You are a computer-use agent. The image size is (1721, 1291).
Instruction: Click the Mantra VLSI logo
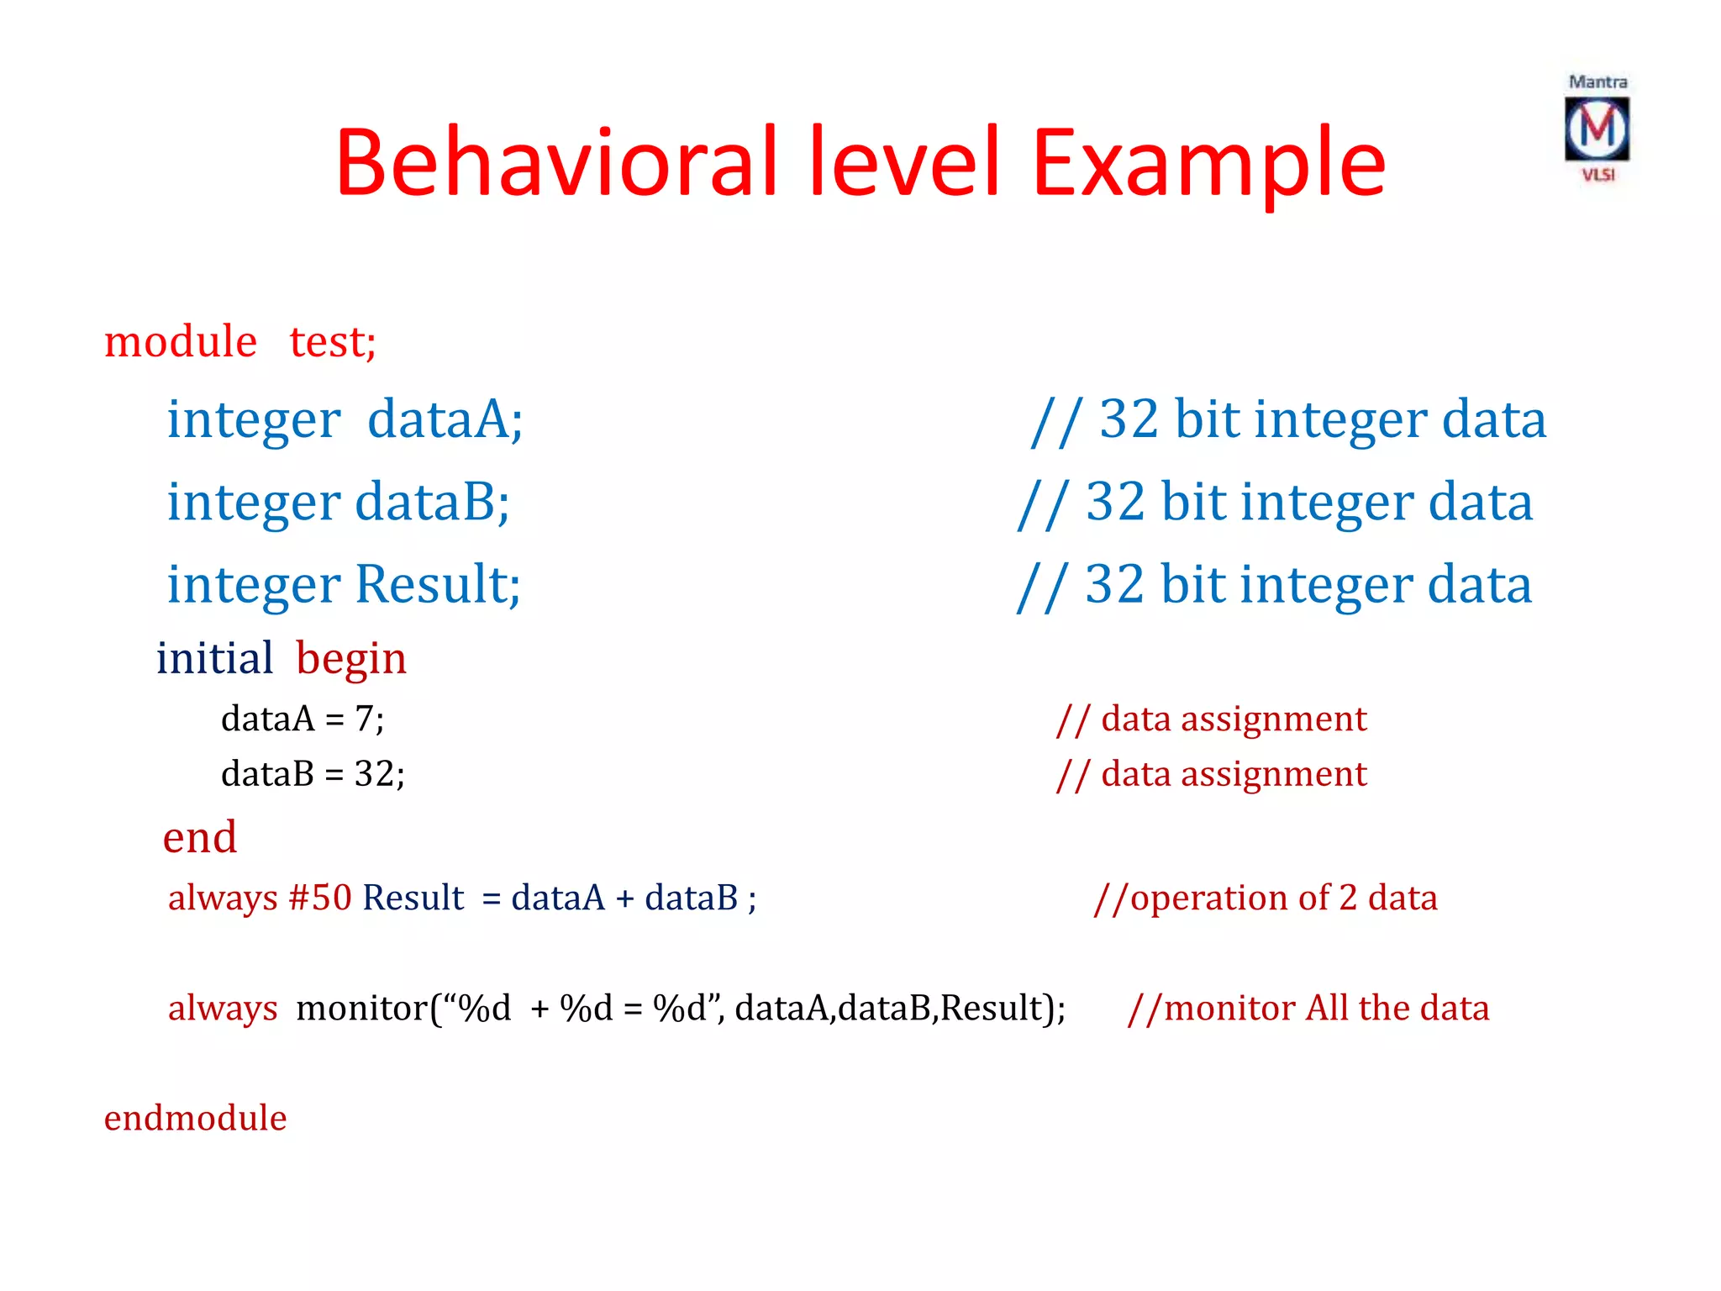click(x=1597, y=129)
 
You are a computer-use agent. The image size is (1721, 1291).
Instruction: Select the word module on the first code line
click(x=180, y=342)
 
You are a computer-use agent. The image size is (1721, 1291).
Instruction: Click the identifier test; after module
click(x=333, y=342)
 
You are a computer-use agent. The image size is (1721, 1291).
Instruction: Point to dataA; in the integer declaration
click(x=445, y=419)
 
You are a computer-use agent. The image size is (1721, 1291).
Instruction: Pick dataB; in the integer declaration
click(x=432, y=502)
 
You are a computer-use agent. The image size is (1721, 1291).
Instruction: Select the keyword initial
click(x=214, y=658)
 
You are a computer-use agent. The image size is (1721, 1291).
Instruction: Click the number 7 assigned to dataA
click(x=364, y=719)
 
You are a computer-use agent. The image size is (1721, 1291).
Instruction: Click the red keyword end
click(x=199, y=837)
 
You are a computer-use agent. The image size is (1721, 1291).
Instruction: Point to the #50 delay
click(x=320, y=898)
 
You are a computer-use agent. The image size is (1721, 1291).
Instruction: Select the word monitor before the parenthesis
click(x=361, y=1008)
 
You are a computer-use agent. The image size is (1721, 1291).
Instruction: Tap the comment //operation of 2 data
click(x=1265, y=898)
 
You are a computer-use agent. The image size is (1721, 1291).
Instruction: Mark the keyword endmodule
click(x=195, y=1119)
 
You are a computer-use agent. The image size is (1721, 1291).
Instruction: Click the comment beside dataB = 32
click(x=1211, y=774)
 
